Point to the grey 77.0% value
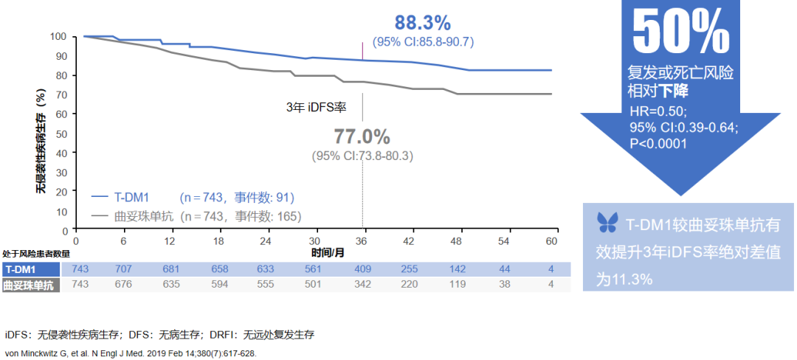tap(362, 136)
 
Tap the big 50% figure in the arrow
tap(680, 32)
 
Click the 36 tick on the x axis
tap(362, 241)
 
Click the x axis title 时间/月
tap(328, 252)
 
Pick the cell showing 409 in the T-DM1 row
tap(362, 270)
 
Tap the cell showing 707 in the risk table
tap(123, 270)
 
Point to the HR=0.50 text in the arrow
tap(658, 111)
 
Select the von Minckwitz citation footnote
tap(131, 353)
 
